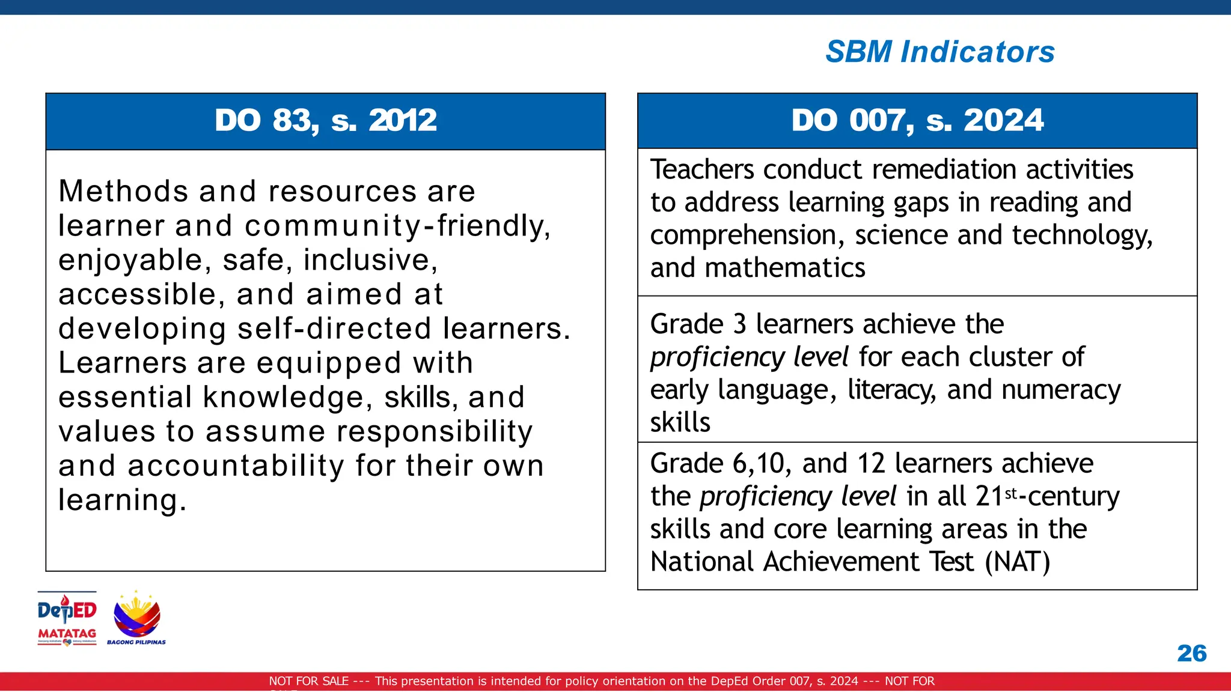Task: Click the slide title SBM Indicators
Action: [939, 52]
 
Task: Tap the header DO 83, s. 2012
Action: [326, 120]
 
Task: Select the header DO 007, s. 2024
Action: [917, 120]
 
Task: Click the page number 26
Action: [1191, 653]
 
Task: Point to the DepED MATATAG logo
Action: [67, 618]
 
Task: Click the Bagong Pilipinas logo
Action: [136, 618]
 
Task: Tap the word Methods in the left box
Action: [123, 192]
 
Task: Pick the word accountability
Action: [236, 466]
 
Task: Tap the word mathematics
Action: [785, 268]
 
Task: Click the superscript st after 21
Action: [1011, 493]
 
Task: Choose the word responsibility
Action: [434, 432]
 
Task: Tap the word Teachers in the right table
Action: [701, 170]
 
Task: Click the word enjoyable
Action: [135, 261]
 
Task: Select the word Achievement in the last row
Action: [842, 562]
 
